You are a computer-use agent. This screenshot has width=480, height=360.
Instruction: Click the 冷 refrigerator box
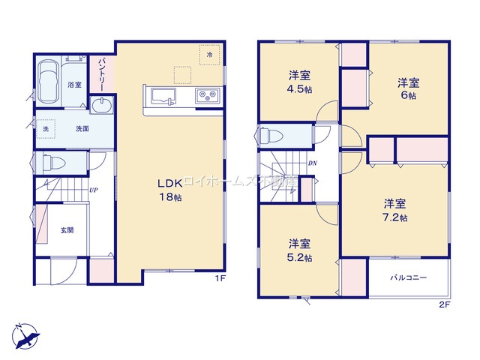pyautogui.click(x=210, y=55)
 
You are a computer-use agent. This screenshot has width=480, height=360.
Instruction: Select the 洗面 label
pyautogui.click(x=82, y=128)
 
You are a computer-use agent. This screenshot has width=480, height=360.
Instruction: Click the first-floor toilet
pyautogui.click(x=52, y=162)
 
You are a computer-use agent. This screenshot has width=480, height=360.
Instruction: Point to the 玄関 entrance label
pyautogui.click(x=67, y=230)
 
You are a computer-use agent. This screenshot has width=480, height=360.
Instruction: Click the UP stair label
pyautogui.click(x=93, y=190)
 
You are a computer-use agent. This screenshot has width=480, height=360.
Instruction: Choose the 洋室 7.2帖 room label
pyautogui.click(x=395, y=210)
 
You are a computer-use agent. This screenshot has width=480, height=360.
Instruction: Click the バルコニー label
pyautogui.click(x=408, y=277)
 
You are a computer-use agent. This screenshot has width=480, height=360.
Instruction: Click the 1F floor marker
pyautogui.click(x=220, y=278)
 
